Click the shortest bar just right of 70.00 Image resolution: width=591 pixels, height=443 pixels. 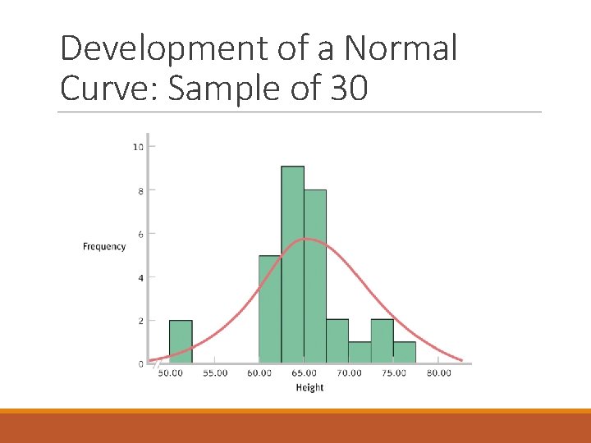(x=360, y=352)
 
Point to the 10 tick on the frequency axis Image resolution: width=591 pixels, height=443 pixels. (x=138, y=147)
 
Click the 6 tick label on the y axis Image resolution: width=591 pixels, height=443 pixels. (x=140, y=234)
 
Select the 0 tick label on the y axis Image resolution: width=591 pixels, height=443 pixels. (x=140, y=363)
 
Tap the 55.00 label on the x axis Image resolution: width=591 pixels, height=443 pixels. (x=215, y=373)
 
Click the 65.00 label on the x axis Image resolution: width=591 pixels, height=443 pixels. (x=304, y=373)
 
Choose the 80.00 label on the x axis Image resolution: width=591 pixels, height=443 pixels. (x=438, y=373)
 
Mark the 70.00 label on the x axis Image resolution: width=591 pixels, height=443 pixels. (x=349, y=373)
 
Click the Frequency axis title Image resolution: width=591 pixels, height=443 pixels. (x=104, y=246)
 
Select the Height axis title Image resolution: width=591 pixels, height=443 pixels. (x=309, y=387)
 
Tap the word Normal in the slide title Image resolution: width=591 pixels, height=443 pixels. (x=400, y=49)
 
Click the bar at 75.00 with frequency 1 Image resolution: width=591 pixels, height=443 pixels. (x=404, y=352)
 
